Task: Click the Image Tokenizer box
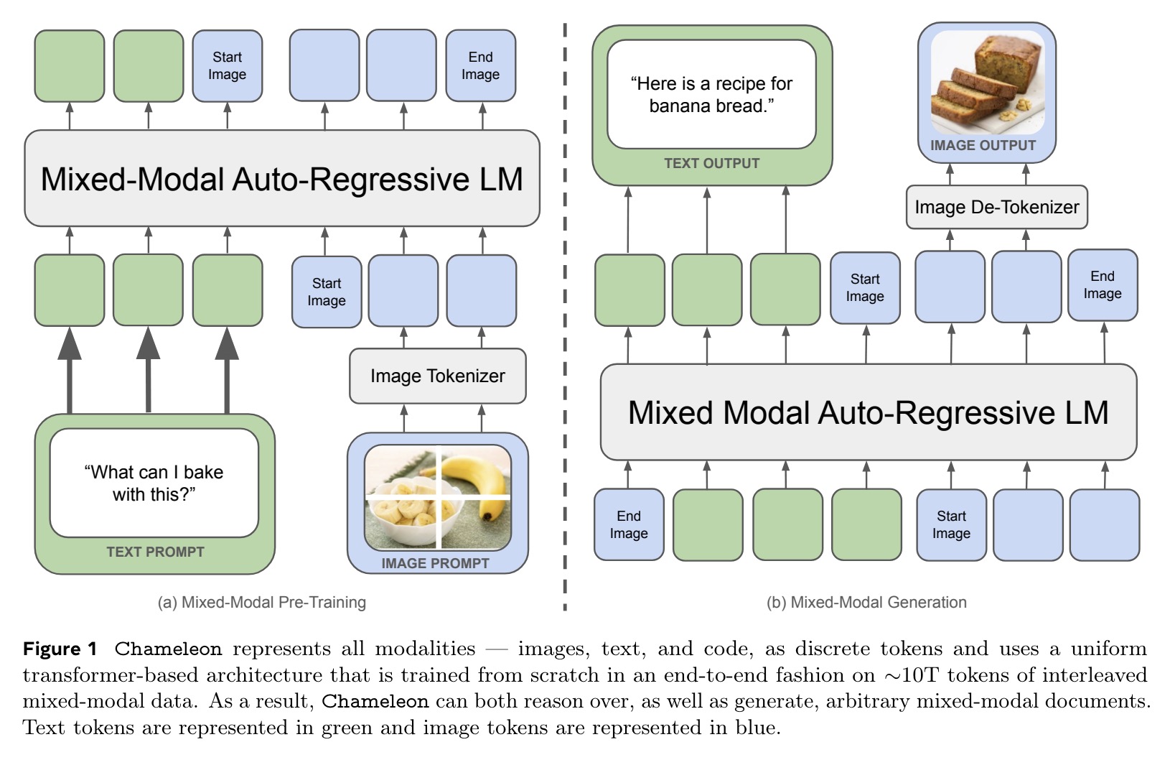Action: tap(438, 376)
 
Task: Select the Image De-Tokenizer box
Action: tap(996, 207)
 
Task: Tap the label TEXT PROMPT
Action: tap(155, 552)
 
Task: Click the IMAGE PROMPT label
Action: tap(435, 563)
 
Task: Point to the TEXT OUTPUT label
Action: tap(712, 164)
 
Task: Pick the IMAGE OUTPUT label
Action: tap(983, 145)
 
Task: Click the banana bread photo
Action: tap(988, 82)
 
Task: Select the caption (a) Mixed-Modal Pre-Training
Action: tap(262, 602)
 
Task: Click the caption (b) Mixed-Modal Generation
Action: tap(866, 602)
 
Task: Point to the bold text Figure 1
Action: tap(60, 649)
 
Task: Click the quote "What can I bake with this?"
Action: tap(154, 483)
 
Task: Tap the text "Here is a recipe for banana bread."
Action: tap(711, 95)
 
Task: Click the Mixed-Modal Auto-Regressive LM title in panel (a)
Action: tap(281, 180)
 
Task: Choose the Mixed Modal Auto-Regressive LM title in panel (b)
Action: tap(868, 412)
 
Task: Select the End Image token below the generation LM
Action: tap(629, 524)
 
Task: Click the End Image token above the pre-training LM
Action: tap(480, 65)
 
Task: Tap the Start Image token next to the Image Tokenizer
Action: tap(327, 292)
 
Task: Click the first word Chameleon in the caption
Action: tap(168, 649)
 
